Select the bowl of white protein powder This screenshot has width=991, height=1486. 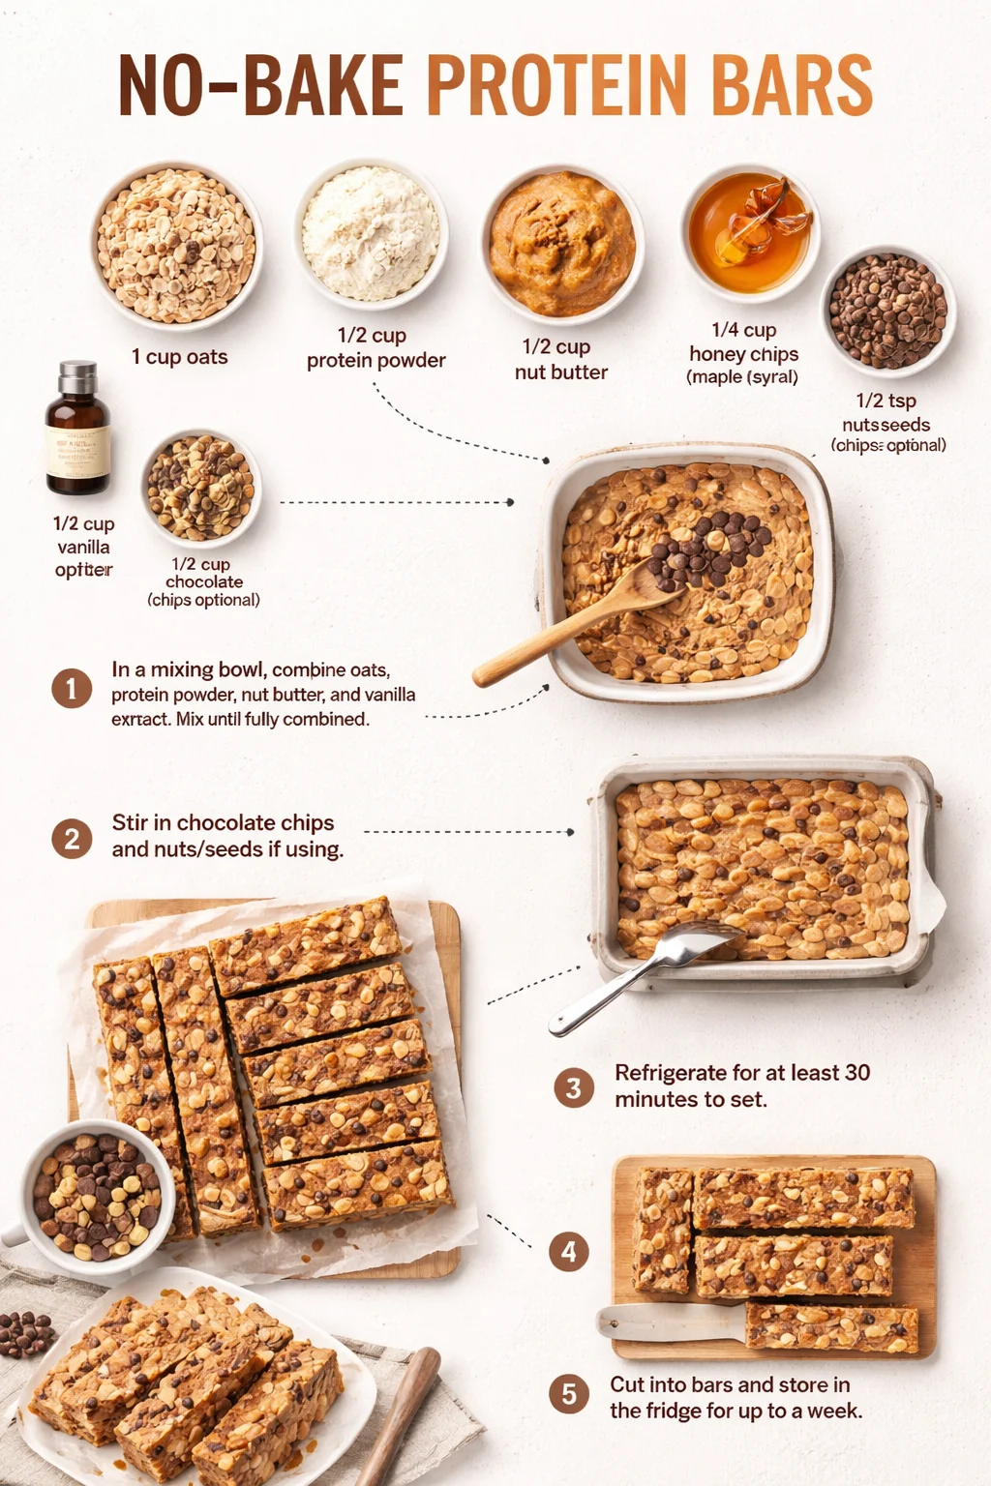(371, 232)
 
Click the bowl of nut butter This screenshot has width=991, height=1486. (561, 245)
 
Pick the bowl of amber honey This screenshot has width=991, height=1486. (750, 230)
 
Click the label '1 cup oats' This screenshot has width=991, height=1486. (179, 357)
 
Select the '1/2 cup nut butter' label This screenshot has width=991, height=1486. (560, 359)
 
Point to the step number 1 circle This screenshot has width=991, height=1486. (72, 689)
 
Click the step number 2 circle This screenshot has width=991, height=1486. (72, 838)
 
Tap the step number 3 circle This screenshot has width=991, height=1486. (573, 1087)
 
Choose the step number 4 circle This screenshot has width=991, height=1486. (569, 1252)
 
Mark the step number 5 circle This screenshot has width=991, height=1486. (569, 1394)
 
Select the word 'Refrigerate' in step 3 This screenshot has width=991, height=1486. (671, 1073)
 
